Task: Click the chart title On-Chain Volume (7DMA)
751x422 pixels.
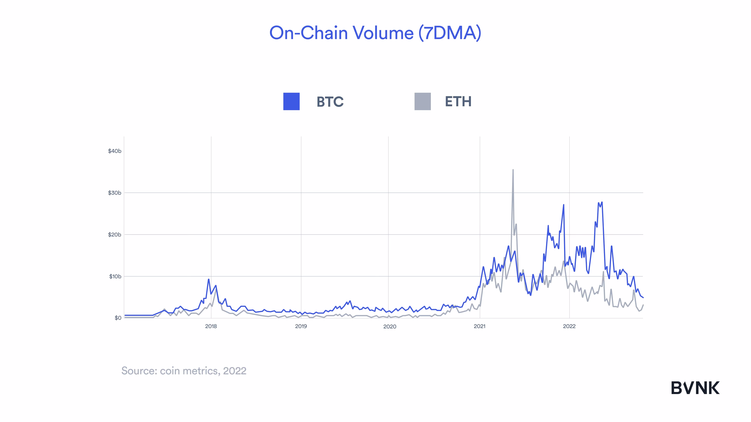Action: pyautogui.click(x=375, y=33)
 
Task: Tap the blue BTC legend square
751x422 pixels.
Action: pyautogui.click(x=291, y=101)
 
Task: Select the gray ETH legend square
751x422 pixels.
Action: pyautogui.click(x=422, y=101)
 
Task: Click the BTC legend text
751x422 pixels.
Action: pyautogui.click(x=330, y=102)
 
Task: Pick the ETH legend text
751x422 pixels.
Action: pyautogui.click(x=458, y=101)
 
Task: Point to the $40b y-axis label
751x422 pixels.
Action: pyautogui.click(x=115, y=151)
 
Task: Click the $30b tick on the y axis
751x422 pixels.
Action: pyautogui.click(x=115, y=193)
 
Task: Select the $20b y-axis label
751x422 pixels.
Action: pyautogui.click(x=115, y=234)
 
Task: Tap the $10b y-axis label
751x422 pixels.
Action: pyautogui.click(x=115, y=276)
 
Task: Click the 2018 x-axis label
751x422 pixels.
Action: pyautogui.click(x=211, y=326)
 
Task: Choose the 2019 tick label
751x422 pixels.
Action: pyautogui.click(x=301, y=326)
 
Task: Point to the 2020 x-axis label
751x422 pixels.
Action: pyautogui.click(x=390, y=326)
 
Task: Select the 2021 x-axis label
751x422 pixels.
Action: pyautogui.click(x=480, y=326)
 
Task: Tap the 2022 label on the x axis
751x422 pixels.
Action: pyautogui.click(x=569, y=326)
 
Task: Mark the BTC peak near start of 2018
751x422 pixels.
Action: pyautogui.click(x=208, y=279)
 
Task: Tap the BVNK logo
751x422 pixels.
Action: pyautogui.click(x=695, y=388)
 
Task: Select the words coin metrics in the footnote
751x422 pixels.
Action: pyautogui.click(x=190, y=371)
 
